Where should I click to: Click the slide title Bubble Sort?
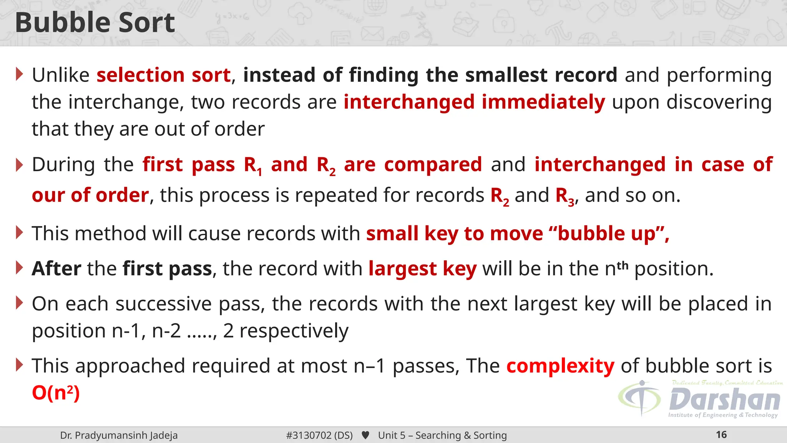pyautogui.click(x=95, y=22)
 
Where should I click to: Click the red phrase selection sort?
pyautogui.click(x=164, y=75)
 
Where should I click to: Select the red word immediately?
pyautogui.click(x=543, y=102)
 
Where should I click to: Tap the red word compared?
pyautogui.click(x=433, y=165)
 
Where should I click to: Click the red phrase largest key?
pyautogui.click(x=422, y=268)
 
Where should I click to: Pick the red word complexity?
pyautogui.click(x=560, y=366)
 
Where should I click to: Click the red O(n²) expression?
pyautogui.click(x=56, y=393)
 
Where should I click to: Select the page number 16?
pyautogui.click(x=721, y=435)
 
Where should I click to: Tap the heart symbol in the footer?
pyautogui.click(x=365, y=435)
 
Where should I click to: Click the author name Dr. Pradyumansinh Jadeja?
pyautogui.click(x=119, y=435)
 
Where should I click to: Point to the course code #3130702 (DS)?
pyautogui.click(x=319, y=435)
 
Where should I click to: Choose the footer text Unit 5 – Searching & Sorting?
pyautogui.click(x=442, y=435)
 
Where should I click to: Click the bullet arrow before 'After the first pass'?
pyautogui.click(x=20, y=268)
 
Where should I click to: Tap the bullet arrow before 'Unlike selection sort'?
pyautogui.click(x=20, y=74)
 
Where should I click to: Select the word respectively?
pyautogui.click(x=294, y=331)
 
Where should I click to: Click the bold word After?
pyautogui.click(x=56, y=268)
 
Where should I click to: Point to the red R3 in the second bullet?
pyautogui.click(x=565, y=196)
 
